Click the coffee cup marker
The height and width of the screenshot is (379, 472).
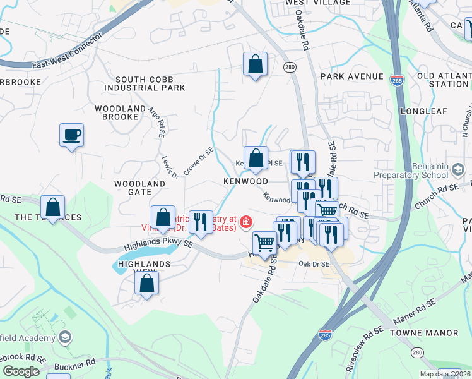pyautogui.click(x=71, y=135)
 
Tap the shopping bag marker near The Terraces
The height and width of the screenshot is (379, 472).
pyautogui.click(x=53, y=207)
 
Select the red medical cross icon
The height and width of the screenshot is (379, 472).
pyautogui.click(x=245, y=222)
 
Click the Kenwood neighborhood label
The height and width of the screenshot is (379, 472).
pyautogui.click(x=245, y=181)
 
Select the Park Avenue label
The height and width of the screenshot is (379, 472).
pyautogui.click(x=351, y=76)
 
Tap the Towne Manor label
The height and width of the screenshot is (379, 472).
pyautogui.click(x=424, y=332)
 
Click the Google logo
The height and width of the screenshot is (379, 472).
pyautogui.click(x=21, y=371)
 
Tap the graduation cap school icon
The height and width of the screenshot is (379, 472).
pyautogui.click(x=64, y=338)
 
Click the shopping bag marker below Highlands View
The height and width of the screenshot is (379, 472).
pyautogui.click(x=146, y=284)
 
